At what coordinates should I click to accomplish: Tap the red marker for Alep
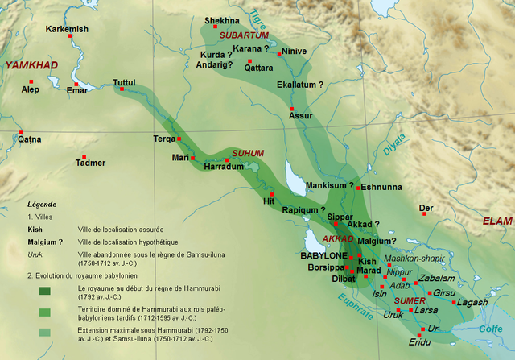click(x=31, y=81)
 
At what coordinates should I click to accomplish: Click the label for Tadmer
click(x=90, y=163)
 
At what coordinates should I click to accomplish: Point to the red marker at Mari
click(x=192, y=158)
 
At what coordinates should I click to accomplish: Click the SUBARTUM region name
click(x=247, y=35)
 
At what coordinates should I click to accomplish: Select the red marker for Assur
click(x=293, y=109)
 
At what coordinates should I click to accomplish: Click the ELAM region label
click(x=496, y=221)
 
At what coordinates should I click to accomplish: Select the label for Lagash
click(x=472, y=302)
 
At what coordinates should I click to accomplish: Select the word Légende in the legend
click(x=42, y=204)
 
